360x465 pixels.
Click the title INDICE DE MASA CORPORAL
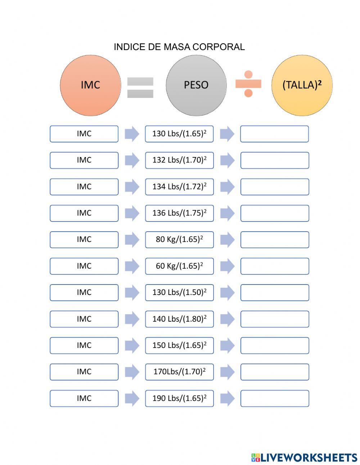pyautogui.click(x=179, y=47)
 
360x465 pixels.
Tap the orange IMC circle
pyautogui.click(x=90, y=85)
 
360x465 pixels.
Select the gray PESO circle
pyautogui.click(x=196, y=85)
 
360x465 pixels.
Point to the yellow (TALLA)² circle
pyautogui.click(x=302, y=85)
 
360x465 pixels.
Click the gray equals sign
pyautogui.click(x=140, y=88)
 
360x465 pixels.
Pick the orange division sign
pyautogui.click(x=248, y=84)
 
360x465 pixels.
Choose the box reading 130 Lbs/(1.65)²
pyautogui.click(x=179, y=134)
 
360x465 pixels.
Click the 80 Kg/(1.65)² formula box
pyautogui.click(x=179, y=240)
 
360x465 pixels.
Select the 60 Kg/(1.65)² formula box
pyautogui.click(x=179, y=266)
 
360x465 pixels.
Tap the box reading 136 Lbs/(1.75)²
pyautogui.click(x=179, y=213)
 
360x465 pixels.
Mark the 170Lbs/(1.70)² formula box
pyautogui.click(x=179, y=372)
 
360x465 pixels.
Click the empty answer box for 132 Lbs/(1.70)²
pyautogui.click(x=274, y=160)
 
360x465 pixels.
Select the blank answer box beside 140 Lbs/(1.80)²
pyautogui.click(x=274, y=319)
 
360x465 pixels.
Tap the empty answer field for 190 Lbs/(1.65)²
pyautogui.click(x=274, y=398)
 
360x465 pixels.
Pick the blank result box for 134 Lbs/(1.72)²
pyautogui.click(x=274, y=187)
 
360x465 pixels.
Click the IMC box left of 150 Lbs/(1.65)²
pyautogui.click(x=84, y=345)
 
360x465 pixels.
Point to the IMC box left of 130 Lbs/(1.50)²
pyautogui.click(x=84, y=292)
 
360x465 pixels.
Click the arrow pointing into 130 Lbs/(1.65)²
pyautogui.click(x=132, y=134)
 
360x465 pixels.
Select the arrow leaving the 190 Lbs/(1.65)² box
pyautogui.click(x=227, y=398)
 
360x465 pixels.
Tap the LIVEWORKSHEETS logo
pyautogui.click(x=304, y=457)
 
